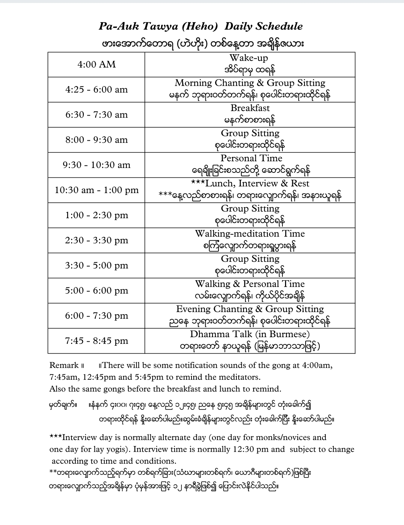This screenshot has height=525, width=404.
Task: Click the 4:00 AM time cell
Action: click(x=97, y=65)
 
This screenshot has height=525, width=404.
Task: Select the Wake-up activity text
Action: click(x=248, y=58)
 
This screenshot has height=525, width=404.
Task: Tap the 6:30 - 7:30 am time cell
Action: click(x=97, y=115)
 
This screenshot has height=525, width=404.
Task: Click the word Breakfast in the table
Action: click(x=250, y=108)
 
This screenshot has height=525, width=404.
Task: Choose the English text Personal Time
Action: click(x=251, y=158)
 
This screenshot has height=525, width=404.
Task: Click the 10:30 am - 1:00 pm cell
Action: click(x=97, y=190)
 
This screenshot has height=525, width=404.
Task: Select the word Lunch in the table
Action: click(x=219, y=183)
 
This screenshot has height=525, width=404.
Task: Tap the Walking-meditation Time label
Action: click(x=250, y=234)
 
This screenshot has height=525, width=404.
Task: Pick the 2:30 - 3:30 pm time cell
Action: click(x=97, y=240)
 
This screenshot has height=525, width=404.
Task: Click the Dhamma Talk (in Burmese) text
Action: click(x=250, y=334)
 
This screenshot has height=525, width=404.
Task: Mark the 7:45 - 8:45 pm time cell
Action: click(x=97, y=341)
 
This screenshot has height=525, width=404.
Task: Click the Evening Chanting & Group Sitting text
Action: click(x=250, y=309)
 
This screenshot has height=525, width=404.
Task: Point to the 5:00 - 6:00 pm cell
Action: click(x=97, y=291)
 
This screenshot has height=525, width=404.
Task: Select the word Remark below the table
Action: click(x=64, y=365)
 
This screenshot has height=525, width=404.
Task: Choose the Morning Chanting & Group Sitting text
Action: click(x=250, y=83)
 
